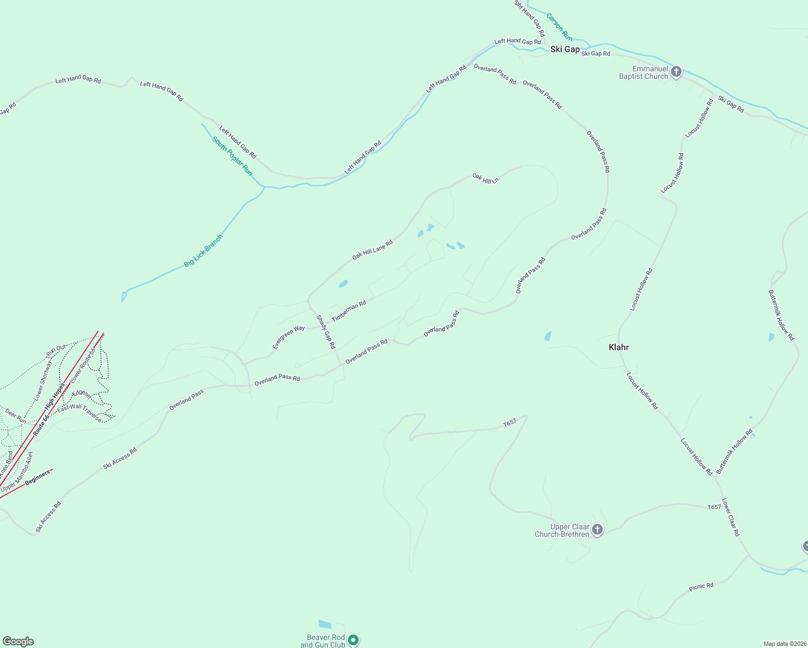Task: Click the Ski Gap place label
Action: pyautogui.click(x=564, y=49)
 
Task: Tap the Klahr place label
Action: pyautogui.click(x=618, y=347)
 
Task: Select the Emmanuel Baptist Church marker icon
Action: pyautogui.click(x=676, y=72)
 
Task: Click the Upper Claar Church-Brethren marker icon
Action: pyautogui.click(x=597, y=530)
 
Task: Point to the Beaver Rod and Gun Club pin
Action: pyautogui.click(x=353, y=640)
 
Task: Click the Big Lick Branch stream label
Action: pyautogui.click(x=203, y=251)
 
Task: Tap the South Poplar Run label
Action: pyautogui.click(x=232, y=156)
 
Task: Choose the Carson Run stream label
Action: pyautogui.click(x=559, y=27)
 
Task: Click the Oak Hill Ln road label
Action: pyautogui.click(x=485, y=178)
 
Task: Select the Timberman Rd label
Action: pyautogui.click(x=349, y=312)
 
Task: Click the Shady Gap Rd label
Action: pyautogui.click(x=326, y=332)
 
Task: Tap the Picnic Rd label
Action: pyautogui.click(x=701, y=586)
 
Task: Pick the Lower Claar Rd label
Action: pyautogui.click(x=730, y=517)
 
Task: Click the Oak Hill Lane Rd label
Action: pyautogui.click(x=372, y=251)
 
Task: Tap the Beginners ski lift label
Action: pyautogui.click(x=38, y=477)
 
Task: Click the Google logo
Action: pyautogui.click(x=18, y=642)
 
